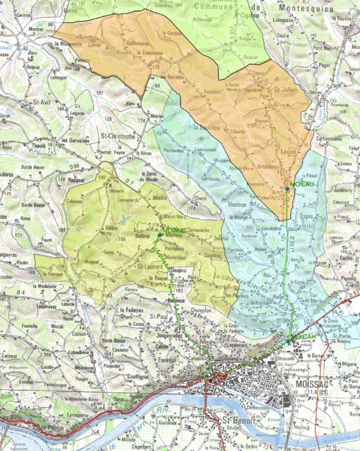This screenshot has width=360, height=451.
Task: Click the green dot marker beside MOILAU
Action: click(x=287, y=189)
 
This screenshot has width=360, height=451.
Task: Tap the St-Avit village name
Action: click(x=41, y=103)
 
